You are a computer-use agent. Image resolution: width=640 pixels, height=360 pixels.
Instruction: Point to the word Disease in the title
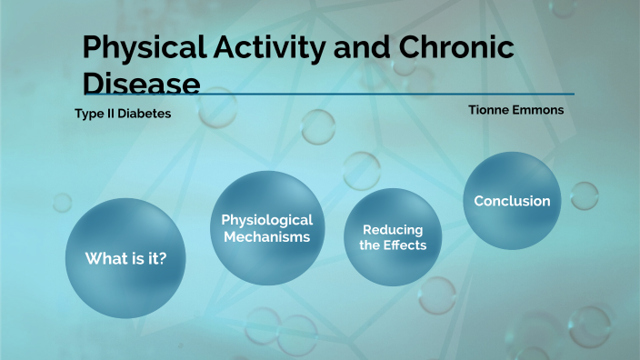pos(141,84)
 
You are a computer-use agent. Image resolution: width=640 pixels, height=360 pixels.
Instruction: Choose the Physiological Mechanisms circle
pos(266,228)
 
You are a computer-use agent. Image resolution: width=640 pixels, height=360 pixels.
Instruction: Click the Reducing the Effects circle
pos(393,237)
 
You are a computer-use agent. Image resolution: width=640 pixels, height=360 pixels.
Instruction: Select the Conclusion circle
pos(512,201)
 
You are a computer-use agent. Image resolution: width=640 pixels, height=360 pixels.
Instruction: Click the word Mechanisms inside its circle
pos(266,237)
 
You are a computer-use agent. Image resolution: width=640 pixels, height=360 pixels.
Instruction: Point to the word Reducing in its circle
pos(393,229)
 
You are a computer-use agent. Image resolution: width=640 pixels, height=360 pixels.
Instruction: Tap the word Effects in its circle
pos(405,245)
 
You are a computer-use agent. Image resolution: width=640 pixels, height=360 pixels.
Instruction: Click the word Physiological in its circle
pos(266,220)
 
